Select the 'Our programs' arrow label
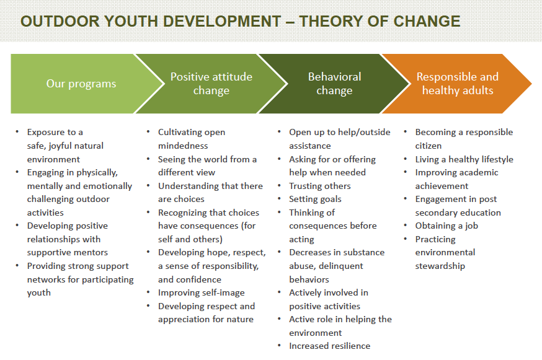(81, 84)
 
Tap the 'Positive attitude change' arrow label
(211, 83)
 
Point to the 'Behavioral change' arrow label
(335, 83)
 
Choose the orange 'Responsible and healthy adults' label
(457, 83)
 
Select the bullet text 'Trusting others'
(320, 186)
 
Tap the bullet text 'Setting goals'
(315, 200)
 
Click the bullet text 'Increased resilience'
(330, 346)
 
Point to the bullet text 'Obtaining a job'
(446, 226)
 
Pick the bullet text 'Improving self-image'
(201, 293)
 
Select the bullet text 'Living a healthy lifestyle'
(464, 159)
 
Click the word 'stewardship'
(440, 266)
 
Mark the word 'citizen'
(429, 146)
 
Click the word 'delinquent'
(341, 266)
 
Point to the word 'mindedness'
(183, 146)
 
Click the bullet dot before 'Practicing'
(406, 239)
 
